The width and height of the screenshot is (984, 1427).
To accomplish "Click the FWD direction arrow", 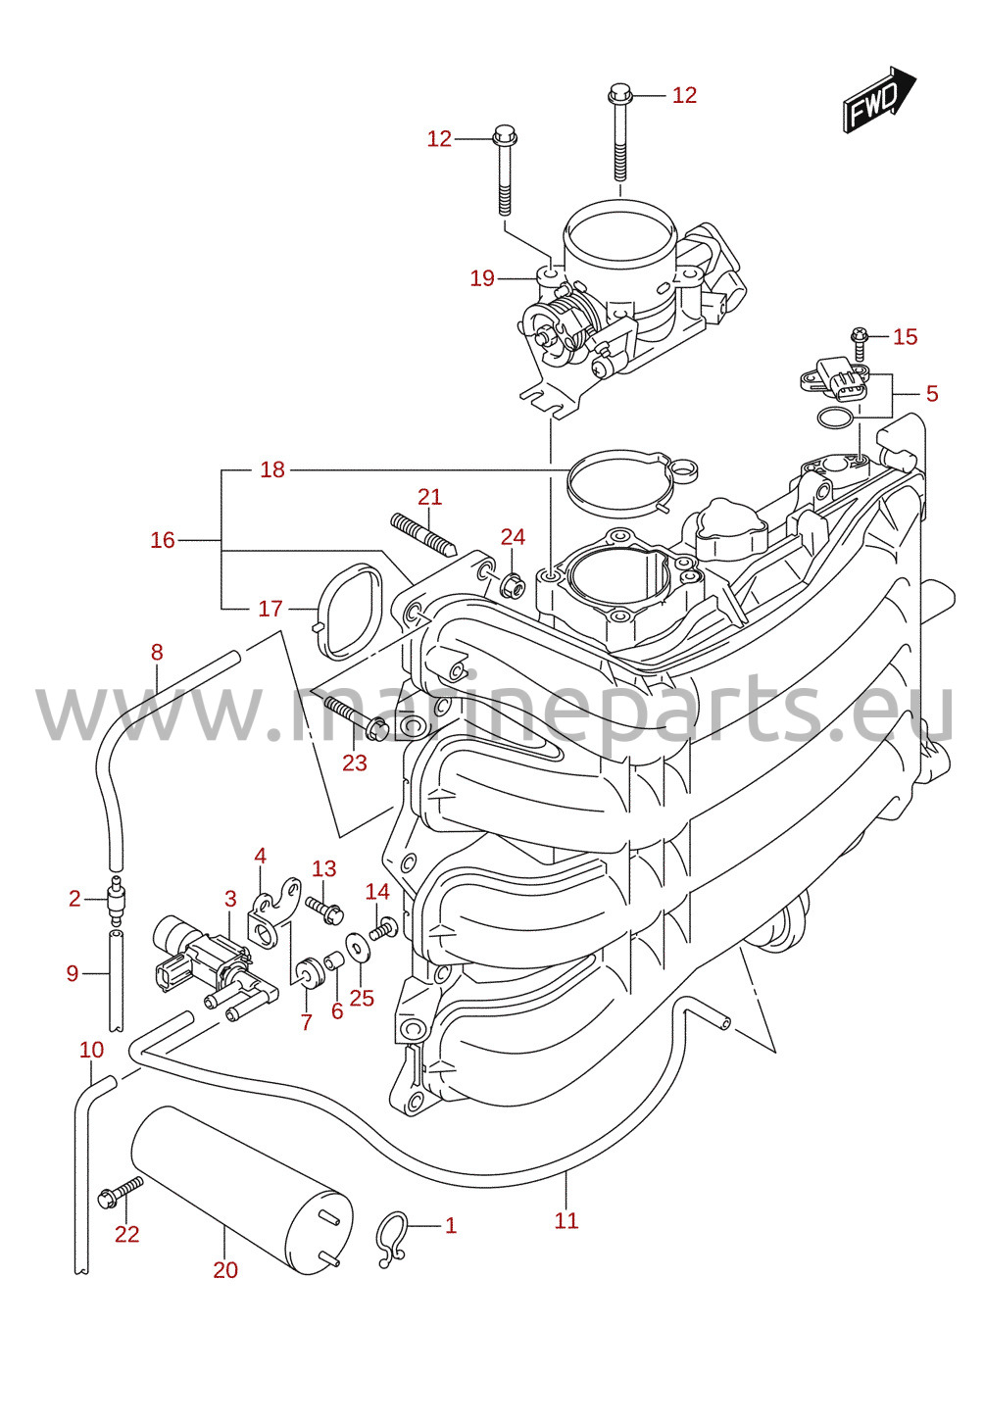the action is click(879, 99).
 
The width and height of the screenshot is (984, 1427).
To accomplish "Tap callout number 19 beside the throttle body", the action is click(482, 278).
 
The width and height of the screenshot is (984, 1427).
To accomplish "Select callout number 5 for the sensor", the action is click(932, 394).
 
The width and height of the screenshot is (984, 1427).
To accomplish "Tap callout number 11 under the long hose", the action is click(566, 1220).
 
